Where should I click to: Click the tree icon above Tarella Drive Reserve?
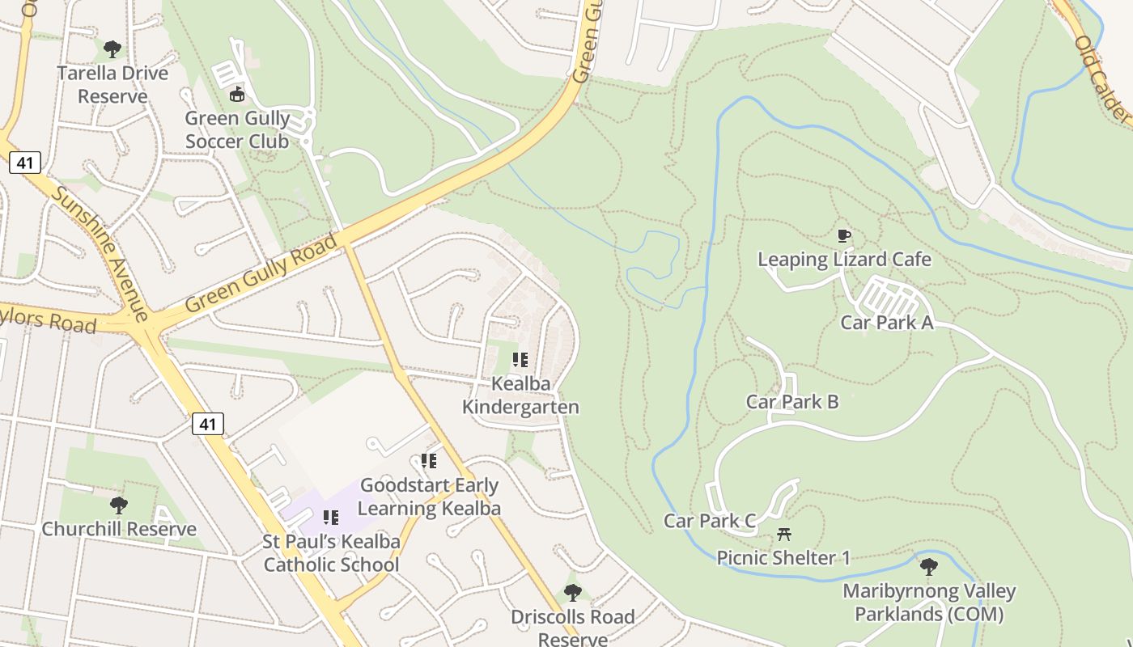pos(112,49)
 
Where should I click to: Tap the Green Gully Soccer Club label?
pos(237,129)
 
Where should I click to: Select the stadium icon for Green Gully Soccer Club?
pos(237,95)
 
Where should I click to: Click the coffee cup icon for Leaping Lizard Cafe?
pos(844,236)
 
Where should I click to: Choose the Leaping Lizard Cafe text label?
pos(844,260)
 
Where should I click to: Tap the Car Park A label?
pos(886,323)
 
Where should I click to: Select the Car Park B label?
pos(791,402)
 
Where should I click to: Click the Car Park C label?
pos(710,521)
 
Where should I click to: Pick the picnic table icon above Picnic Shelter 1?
pos(783,534)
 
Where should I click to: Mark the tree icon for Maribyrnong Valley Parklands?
pos(928,566)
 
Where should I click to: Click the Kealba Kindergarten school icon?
pos(520,360)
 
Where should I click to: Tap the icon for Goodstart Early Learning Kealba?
pos(429,461)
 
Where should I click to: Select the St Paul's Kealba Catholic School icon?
pos(331,517)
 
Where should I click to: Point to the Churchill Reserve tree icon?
pos(119,505)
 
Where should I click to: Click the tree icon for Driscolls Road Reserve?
pos(573,593)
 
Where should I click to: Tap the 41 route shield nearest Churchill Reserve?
pos(208,423)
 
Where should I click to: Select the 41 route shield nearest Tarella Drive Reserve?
pos(25,163)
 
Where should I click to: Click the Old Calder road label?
pos(1101,77)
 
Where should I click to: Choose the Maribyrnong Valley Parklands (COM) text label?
pos(928,603)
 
